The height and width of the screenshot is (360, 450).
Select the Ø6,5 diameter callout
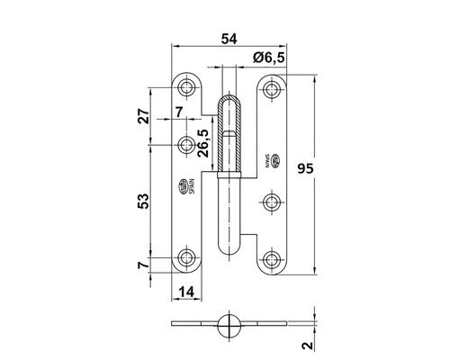[268, 57]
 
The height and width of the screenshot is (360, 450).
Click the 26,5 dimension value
[204, 143]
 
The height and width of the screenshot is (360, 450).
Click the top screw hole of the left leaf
[187, 88]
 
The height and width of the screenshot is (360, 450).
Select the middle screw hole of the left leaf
[186, 144]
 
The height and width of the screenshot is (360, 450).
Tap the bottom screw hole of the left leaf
[187, 258]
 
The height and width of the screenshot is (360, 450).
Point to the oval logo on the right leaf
[280, 163]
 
